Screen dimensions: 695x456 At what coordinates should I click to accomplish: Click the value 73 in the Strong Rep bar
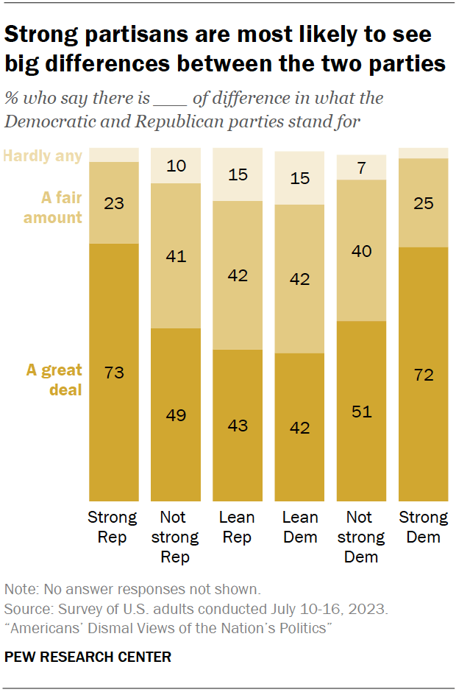click(114, 373)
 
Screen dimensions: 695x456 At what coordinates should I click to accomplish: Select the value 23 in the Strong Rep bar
click(114, 202)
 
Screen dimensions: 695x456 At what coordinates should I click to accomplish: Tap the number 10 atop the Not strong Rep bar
click(176, 166)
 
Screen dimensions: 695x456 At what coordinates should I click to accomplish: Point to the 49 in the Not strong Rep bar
click(176, 414)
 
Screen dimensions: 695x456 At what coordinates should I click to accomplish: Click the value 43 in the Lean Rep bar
click(238, 426)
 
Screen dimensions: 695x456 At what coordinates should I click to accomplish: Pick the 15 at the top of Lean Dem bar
click(299, 177)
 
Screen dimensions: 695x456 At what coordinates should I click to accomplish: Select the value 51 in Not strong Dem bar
click(361, 411)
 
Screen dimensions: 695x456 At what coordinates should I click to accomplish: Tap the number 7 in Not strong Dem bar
click(361, 167)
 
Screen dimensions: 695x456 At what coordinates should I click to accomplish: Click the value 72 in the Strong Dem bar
click(423, 375)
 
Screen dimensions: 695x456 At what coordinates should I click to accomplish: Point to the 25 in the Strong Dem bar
click(423, 203)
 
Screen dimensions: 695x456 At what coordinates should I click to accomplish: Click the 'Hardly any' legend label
click(43, 155)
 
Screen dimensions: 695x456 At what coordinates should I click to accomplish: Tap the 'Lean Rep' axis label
click(238, 527)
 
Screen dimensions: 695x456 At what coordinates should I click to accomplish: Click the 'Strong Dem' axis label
click(423, 527)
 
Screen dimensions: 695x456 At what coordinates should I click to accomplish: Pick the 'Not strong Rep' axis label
click(176, 537)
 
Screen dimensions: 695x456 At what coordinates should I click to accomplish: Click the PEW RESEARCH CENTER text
click(88, 657)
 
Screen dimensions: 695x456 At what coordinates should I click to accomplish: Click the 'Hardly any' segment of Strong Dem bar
click(423, 152)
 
